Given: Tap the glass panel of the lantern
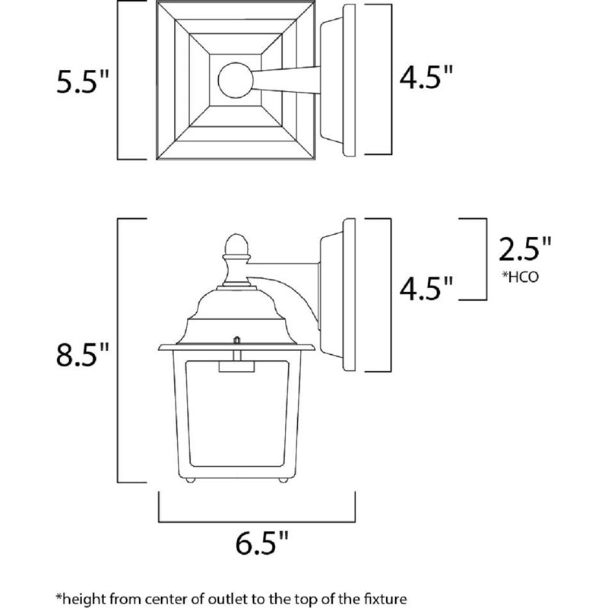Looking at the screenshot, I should [x=236, y=426].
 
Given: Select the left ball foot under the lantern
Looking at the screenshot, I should [x=191, y=480].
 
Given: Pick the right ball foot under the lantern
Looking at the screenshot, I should [x=283, y=480].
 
